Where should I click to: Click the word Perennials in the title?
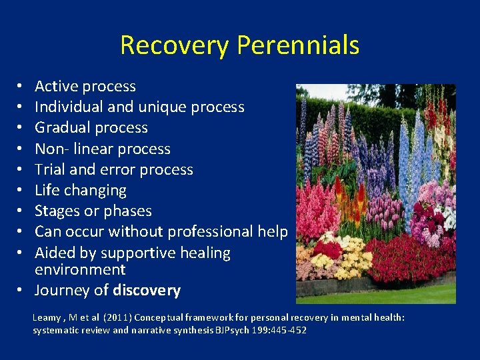click(x=298, y=45)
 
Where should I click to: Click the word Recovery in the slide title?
click(x=175, y=45)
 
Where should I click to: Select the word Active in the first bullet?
click(x=58, y=86)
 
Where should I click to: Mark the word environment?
click(x=80, y=269)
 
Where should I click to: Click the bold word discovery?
click(x=147, y=291)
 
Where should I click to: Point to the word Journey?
click(x=61, y=291)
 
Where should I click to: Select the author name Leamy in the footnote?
click(x=48, y=318)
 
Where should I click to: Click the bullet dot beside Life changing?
click(x=21, y=191)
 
